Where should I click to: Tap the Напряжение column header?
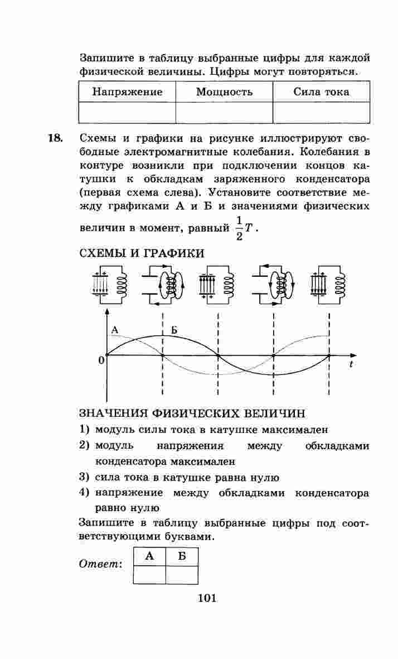pos(127,92)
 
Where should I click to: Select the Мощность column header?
pos(224,92)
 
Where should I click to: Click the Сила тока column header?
pos(321,92)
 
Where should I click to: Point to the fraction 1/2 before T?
pos(239,228)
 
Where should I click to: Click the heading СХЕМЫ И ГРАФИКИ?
pos(142,253)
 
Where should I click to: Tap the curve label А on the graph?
pos(115,330)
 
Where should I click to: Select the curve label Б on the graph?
pos(174,330)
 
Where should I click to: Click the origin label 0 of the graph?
pos(101,360)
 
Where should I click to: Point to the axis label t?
pos(351,364)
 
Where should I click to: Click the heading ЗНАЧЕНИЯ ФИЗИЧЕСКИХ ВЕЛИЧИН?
pos(192,414)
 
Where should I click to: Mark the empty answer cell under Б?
pos(182,574)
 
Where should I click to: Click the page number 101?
pos(207,599)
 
